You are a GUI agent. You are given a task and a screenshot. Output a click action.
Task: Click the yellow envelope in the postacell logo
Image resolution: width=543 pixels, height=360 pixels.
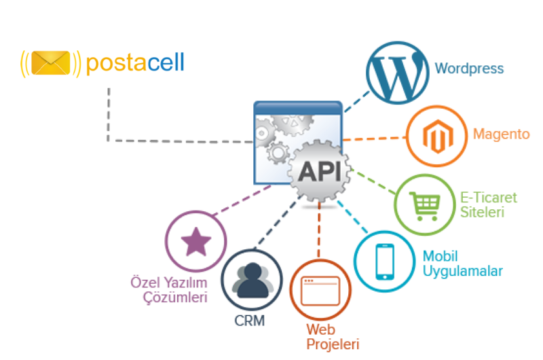(50, 63)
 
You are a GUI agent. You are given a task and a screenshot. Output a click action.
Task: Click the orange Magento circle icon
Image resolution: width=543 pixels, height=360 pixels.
(436, 136)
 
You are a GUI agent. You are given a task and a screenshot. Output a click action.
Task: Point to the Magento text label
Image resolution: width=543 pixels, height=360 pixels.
(501, 134)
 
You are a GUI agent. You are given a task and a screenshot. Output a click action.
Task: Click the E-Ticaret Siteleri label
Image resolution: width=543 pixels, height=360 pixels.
(489, 204)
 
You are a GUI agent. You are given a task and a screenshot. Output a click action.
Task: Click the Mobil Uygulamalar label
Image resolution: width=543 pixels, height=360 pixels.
(463, 264)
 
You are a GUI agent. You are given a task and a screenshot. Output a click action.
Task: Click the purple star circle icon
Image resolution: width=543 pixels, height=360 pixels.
(197, 242)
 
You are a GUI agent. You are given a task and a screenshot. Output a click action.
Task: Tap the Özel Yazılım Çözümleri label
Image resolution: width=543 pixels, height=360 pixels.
(168, 289)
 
